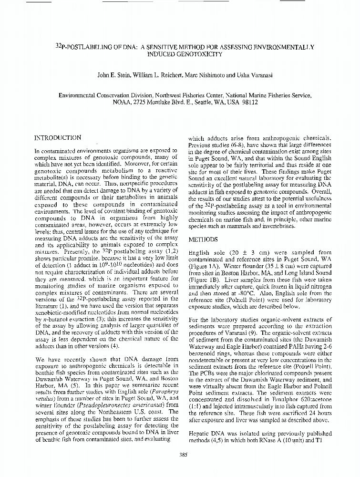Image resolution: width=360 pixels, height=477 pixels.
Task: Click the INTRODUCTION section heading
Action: pos(58,138)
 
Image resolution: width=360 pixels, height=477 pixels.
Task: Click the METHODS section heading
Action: pos(203,238)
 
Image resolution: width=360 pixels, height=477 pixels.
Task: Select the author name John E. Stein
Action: pos(114,75)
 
